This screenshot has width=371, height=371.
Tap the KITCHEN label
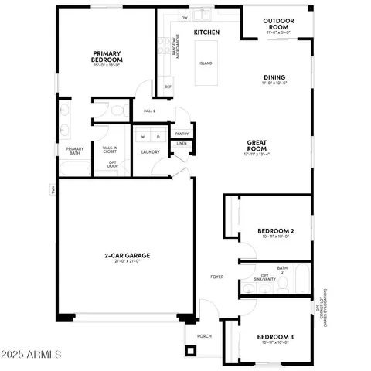pos(206,32)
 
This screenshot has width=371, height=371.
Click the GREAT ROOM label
pos(257,146)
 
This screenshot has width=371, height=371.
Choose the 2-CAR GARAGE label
pos(128,255)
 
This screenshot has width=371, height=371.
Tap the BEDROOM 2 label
pos(275,231)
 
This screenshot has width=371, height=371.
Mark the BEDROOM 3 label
pos(275,338)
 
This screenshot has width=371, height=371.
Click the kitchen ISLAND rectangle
pos(206,63)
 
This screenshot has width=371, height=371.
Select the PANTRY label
pos(182,134)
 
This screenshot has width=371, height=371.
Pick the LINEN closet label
pos(182,144)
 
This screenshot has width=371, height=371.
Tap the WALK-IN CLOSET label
pos(110,149)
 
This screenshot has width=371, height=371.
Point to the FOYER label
pos(218,276)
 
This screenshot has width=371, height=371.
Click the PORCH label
pos(204,336)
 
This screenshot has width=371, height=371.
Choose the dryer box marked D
pos(158,137)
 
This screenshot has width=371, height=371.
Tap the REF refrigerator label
pos(168,87)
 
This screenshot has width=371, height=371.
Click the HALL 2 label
pos(150,111)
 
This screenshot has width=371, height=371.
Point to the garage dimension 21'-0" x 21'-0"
pos(128,263)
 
